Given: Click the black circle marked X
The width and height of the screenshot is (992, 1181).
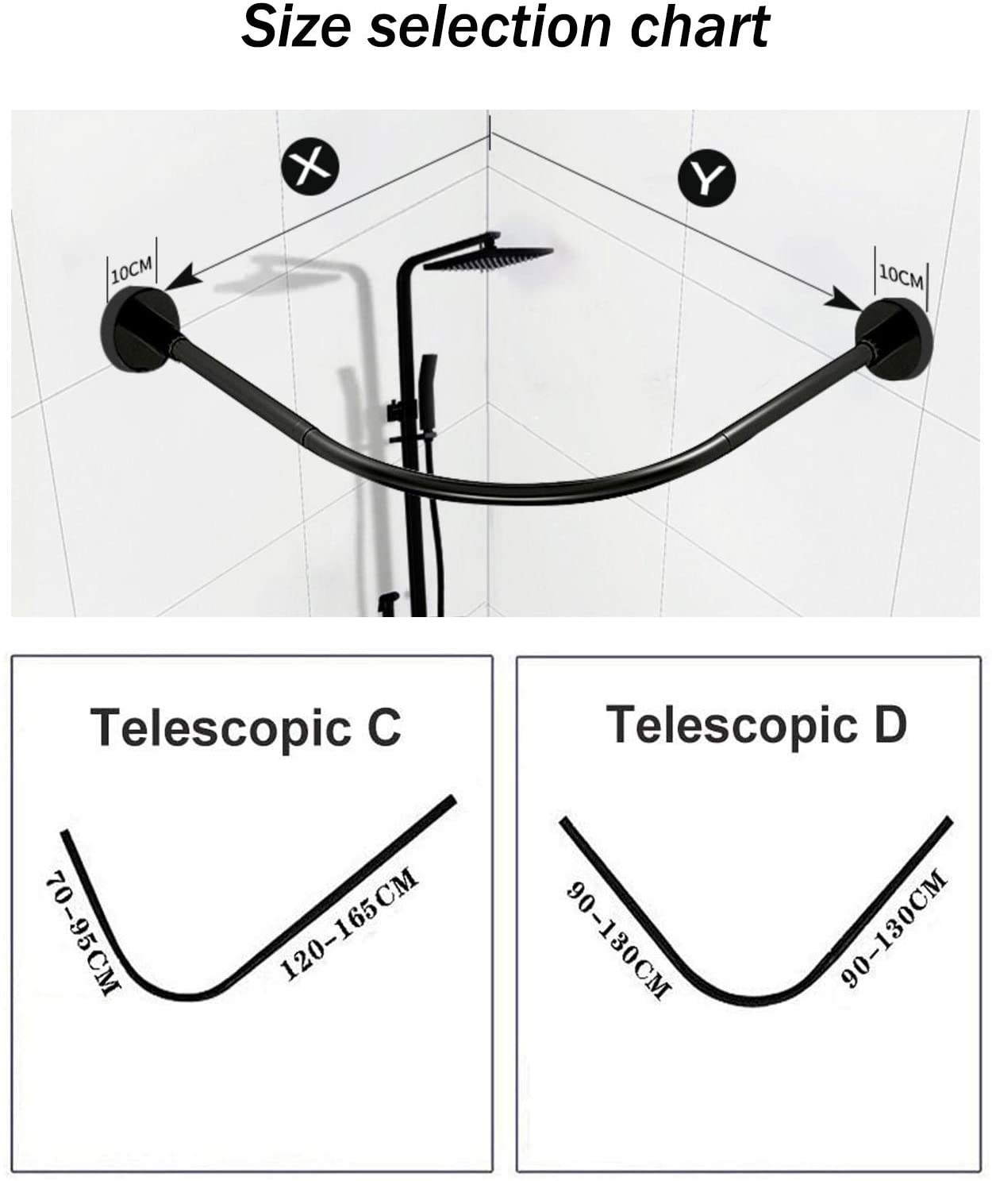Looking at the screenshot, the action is pos(310,166).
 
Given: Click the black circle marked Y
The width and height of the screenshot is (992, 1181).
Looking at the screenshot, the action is pos(706,178).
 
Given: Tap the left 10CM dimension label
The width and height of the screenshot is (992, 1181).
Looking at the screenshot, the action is pos(132,271).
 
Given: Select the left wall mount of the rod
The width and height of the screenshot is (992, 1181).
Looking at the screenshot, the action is pos(140,330).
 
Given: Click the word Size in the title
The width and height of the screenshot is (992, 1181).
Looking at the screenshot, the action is pos(296,26).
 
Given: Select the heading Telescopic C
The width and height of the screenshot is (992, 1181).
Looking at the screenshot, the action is pos(246,728).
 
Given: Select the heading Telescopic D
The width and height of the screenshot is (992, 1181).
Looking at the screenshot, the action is pos(756,724).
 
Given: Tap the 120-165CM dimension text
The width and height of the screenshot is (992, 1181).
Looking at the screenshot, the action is pos(349,923).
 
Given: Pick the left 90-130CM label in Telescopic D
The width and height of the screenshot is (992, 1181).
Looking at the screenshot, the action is pos(617,940).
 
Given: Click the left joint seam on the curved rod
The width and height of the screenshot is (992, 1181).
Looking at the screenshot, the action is pos(306,435).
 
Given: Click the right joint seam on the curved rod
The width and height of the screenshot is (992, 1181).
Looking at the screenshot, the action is pos(725,438).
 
